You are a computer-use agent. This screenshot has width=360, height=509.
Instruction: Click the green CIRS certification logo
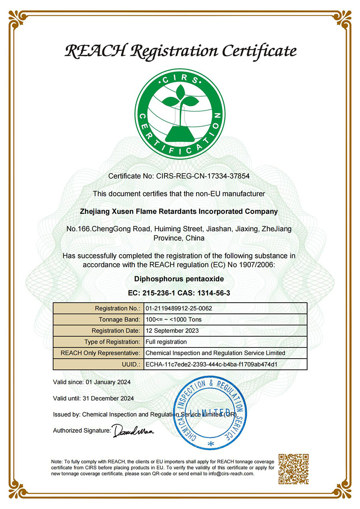click(x=180, y=114)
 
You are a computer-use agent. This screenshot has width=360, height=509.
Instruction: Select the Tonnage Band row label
click(x=119, y=319)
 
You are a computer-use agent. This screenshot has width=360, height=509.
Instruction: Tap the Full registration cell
click(x=166, y=342)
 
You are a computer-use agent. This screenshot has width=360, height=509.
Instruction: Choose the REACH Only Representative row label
click(x=100, y=353)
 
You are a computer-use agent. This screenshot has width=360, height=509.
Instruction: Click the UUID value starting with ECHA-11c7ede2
click(x=212, y=364)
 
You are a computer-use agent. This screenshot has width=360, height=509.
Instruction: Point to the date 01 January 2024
click(x=108, y=382)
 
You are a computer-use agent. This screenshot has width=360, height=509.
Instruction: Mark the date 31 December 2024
click(x=108, y=398)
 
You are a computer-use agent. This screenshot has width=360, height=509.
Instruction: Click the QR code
click(x=294, y=469)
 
